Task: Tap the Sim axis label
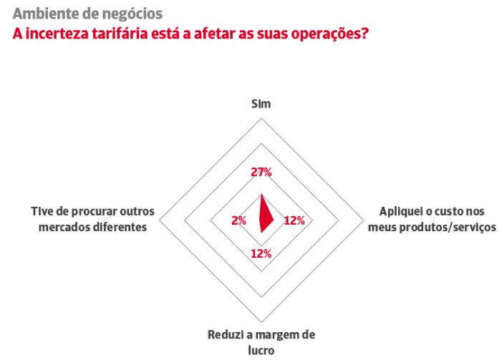tap(261, 104)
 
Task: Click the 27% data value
tap(261, 172)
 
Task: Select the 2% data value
tap(238, 220)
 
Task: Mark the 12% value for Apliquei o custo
tap(294, 220)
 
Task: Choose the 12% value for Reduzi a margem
tap(261, 253)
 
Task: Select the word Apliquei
tap(398, 213)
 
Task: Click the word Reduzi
tap(224, 335)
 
